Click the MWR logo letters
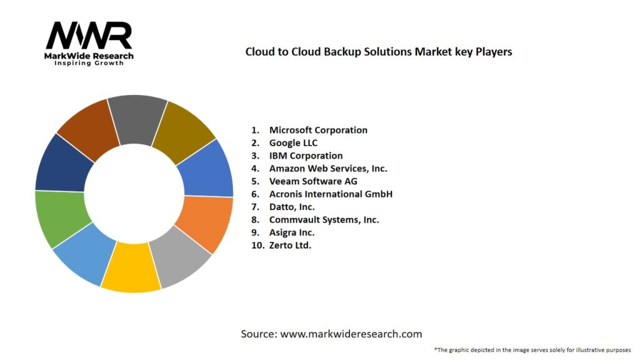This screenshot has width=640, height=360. click(89, 36)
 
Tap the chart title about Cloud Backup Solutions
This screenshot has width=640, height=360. click(378, 52)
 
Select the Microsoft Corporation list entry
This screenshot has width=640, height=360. click(318, 130)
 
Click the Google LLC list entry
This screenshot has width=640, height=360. click(293, 143)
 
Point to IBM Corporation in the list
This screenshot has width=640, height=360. click(306, 156)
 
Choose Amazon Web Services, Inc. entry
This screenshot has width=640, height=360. click(328, 168)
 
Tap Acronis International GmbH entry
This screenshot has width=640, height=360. click(331, 194)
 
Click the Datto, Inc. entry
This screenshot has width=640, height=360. click(292, 207)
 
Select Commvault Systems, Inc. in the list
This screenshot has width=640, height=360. click(324, 219)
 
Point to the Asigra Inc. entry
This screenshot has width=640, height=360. click(292, 232)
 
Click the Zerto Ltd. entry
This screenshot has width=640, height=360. click(290, 245)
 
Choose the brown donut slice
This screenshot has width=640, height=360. click(87, 125)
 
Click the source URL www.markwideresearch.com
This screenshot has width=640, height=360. click(351, 334)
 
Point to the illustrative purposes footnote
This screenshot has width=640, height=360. click(532, 349)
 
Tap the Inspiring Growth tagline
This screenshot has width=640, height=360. click(89, 63)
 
